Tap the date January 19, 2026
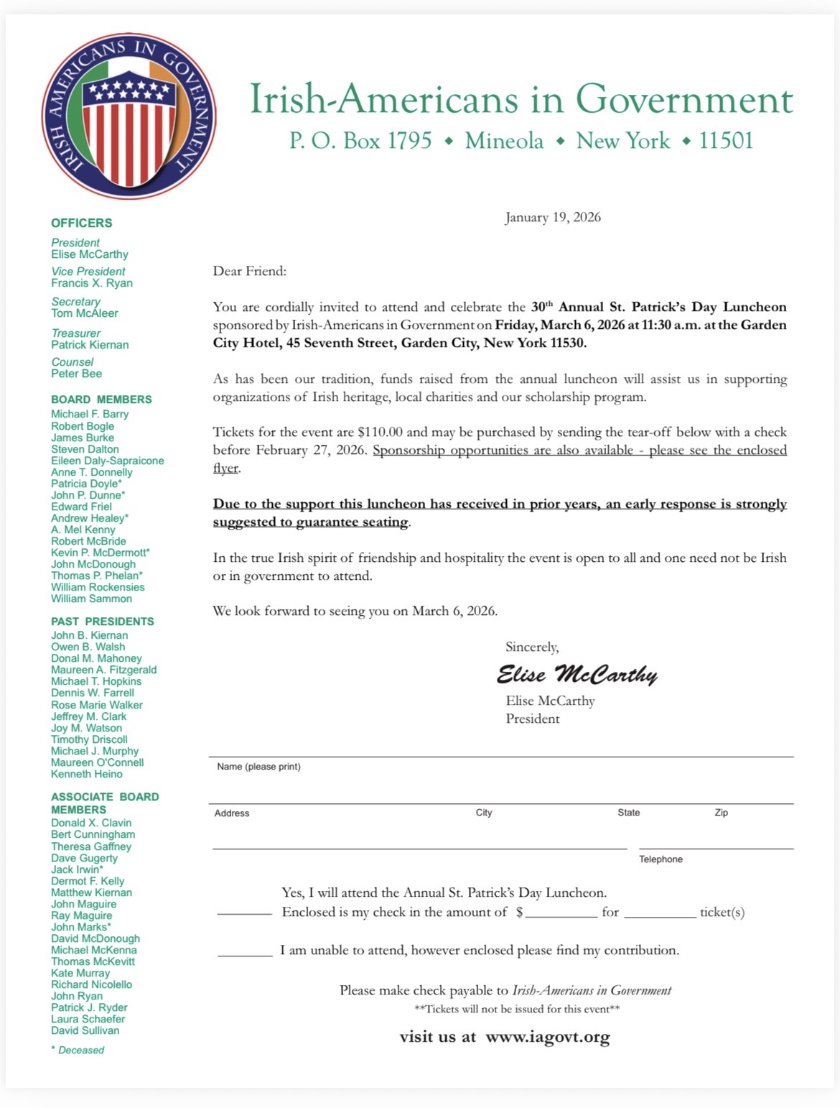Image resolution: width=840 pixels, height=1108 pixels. (x=553, y=217)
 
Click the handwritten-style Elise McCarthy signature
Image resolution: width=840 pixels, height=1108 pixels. (x=577, y=675)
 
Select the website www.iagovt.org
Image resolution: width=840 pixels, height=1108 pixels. (x=548, y=1037)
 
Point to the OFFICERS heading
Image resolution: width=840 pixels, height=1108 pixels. (x=82, y=223)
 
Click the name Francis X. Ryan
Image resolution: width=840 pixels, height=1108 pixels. (x=92, y=283)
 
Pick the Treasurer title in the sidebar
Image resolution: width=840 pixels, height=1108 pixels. (x=76, y=333)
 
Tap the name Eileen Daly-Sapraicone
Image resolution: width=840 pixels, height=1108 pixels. (x=108, y=461)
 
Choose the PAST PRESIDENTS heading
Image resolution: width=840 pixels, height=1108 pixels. (x=103, y=622)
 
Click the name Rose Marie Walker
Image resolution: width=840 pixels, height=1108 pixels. (x=97, y=705)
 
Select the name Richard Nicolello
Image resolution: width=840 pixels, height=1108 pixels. (x=92, y=984)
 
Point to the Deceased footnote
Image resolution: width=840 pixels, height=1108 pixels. (x=78, y=1050)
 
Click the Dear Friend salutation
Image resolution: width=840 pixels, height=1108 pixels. (x=249, y=271)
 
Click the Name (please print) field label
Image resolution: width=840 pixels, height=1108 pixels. (x=259, y=767)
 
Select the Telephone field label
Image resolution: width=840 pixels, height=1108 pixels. (x=661, y=859)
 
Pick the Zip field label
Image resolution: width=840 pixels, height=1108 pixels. (x=721, y=813)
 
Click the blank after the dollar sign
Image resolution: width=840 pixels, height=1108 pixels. (x=561, y=913)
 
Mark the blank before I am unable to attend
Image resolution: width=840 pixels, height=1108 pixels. (x=245, y=951)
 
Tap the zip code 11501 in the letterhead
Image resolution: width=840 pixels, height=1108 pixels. (x=726, y=141)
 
